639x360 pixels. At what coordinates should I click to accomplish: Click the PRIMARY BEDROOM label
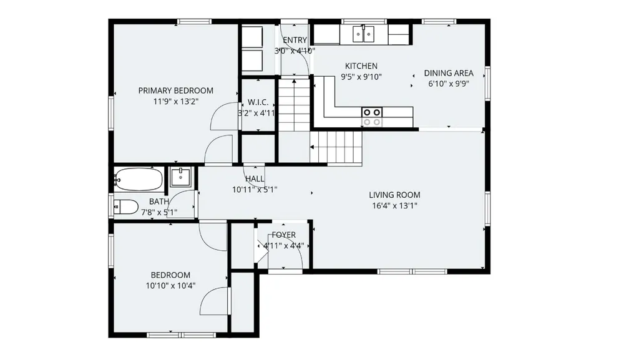[x=175, y=91]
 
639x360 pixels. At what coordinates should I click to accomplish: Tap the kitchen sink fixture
[x=364, y=34]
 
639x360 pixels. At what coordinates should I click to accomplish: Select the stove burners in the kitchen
[x=372, y=117]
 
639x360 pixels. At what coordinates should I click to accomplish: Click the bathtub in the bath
[x=138, y=179]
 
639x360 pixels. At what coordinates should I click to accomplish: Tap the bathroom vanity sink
[x=180, y=177]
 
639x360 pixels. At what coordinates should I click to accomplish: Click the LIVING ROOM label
[x=394, y=195]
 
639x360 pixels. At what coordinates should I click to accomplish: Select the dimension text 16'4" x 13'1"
[x=394, y=206]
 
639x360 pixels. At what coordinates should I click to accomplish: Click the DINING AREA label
[x=449, y=73]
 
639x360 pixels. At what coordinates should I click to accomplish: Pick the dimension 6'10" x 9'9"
[x=449, y=84]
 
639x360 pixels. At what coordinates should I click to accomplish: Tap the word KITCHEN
[x=361, y=66]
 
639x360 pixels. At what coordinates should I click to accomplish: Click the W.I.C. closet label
[x=258, y=102]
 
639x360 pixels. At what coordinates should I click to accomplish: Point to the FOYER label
[x=284, y=235]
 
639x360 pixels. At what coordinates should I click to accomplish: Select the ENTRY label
[x=295, y=40]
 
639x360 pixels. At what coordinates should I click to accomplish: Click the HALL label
[x=255, y=178]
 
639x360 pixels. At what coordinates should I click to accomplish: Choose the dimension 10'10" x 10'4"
[x=170, y=286]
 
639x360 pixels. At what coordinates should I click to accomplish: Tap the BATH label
[x=159, y=202]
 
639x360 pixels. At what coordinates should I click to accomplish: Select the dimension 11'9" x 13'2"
[x=175, y=102]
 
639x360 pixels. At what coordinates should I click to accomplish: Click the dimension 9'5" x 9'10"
[x=361, y=77]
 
